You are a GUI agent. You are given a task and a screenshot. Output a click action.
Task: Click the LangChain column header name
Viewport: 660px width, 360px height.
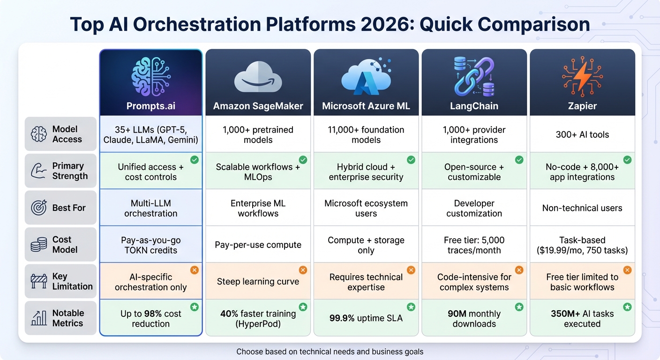point(474,106)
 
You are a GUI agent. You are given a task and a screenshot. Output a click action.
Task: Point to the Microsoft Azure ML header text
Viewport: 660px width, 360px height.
point(366,106)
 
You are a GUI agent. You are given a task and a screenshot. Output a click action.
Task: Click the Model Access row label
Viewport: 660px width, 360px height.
point(67,134)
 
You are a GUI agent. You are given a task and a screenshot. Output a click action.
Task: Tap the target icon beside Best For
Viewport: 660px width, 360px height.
point(38,208)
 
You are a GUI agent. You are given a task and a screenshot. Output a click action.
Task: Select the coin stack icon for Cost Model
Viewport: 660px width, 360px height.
point(38,245)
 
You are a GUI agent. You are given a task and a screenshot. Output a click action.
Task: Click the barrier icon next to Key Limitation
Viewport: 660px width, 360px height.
point(38,281)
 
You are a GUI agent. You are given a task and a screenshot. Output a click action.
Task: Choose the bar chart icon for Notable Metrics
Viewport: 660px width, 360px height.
point(38,318)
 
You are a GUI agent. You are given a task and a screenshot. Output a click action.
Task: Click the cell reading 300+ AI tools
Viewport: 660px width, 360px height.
point(582,135)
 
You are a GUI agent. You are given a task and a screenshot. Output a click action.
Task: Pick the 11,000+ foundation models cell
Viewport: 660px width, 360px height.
point(366,135)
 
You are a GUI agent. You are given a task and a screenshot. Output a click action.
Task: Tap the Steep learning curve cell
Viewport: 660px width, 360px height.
point(258,282)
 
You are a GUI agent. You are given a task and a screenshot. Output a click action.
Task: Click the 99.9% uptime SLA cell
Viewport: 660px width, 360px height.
point(366,318)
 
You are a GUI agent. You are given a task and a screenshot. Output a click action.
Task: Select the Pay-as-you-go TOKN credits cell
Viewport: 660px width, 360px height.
point(150,245)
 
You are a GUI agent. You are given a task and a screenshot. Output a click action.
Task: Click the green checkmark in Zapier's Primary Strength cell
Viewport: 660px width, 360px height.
point(627,160)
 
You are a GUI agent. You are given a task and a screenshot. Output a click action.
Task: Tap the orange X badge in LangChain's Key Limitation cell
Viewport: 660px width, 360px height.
point(519,270)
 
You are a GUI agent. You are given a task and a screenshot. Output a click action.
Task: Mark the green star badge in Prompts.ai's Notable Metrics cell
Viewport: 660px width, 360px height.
point(194,307)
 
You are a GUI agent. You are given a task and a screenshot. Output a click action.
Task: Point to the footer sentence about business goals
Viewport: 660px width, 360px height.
point(330,352)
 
